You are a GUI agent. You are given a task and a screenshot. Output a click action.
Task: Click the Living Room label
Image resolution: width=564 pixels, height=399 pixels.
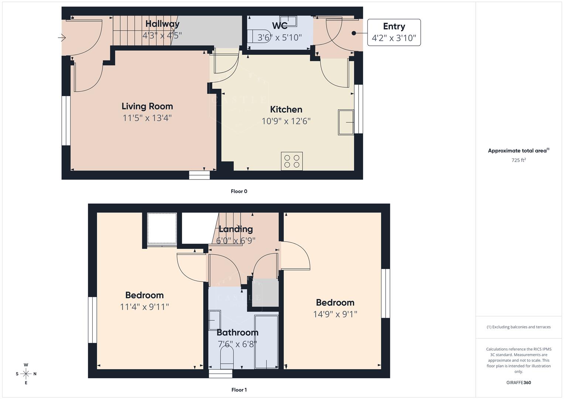pos(147,106)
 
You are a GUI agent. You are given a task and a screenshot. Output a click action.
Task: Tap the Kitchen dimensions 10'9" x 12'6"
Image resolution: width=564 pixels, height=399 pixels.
pos(286,121)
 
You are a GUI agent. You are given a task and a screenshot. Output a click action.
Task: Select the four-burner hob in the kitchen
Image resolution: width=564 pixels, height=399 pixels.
pos(292,161)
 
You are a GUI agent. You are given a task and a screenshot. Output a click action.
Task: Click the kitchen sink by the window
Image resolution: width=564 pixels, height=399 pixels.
pos(346,122)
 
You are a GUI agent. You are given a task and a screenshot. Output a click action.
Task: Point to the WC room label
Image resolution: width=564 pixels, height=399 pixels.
pos(280,26)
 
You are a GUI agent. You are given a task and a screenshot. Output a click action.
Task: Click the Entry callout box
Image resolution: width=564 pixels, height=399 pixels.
pos(394,33)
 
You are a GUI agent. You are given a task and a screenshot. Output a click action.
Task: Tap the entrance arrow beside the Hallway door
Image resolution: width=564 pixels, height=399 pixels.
pos(62,38)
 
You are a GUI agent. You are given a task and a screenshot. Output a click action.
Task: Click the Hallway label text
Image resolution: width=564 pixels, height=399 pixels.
pos(162,24)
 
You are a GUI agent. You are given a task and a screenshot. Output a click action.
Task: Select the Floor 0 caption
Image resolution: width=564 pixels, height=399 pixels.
pos(239,191)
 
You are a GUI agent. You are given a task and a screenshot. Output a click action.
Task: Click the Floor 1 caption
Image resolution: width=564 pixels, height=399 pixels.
pos(239,390)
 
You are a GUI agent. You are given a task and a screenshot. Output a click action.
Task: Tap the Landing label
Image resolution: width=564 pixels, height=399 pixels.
pos(236,229)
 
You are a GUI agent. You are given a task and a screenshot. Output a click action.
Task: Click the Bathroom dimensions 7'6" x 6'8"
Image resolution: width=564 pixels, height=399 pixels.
pos(237,344)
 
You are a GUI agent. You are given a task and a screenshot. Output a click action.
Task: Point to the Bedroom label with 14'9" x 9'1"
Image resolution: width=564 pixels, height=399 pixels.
pos(335,303)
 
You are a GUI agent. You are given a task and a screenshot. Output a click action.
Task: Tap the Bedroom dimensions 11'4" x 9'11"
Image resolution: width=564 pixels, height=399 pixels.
pos(144,307)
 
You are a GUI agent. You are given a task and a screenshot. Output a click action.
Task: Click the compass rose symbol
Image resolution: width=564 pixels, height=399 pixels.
pos(26,374)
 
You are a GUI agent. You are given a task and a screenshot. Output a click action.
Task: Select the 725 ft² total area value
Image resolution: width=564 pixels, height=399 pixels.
pos(519,160)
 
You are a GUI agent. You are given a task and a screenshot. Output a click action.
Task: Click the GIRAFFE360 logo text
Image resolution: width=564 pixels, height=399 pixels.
pos(519,383)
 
